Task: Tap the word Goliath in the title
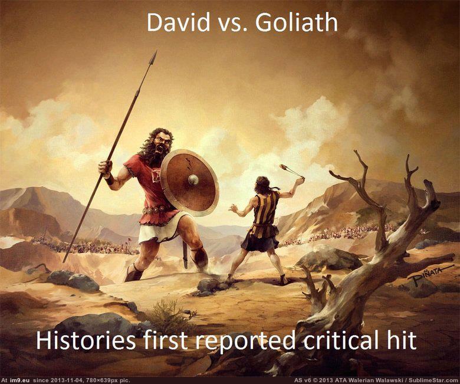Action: point(296,22)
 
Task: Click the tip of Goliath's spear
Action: point(156,52)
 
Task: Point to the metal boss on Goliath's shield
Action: point(193,179)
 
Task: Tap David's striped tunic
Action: point(264,214)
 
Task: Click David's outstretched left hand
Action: point(233,208)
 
